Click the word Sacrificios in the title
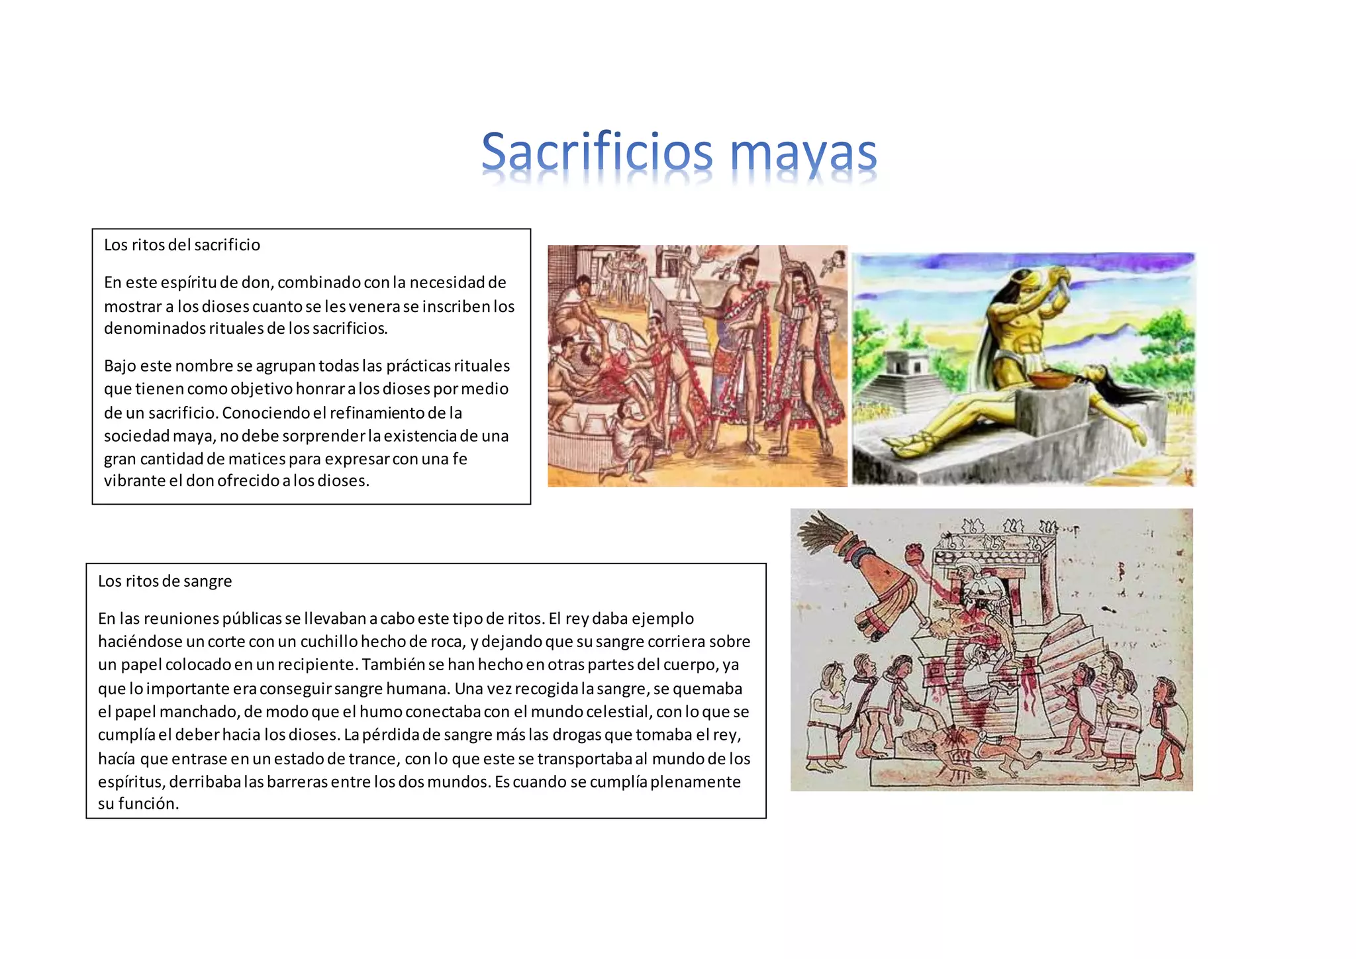596,152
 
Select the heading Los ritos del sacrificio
182,245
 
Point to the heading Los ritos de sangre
165,581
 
